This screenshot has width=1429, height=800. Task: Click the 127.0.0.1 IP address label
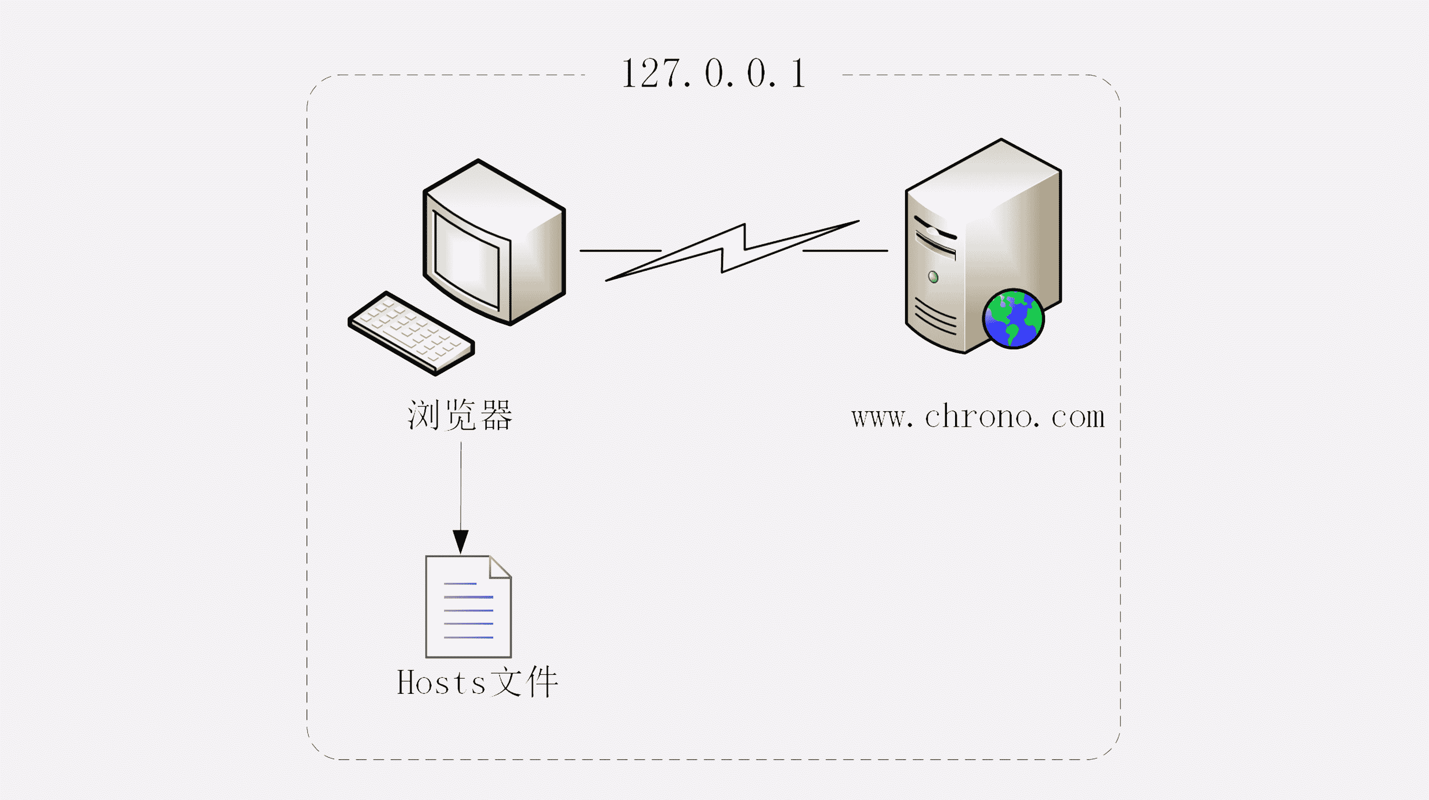[714, 74]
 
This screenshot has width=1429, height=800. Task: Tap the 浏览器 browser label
[460, 415]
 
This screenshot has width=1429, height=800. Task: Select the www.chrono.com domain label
[978, 417]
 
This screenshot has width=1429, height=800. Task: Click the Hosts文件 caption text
[477, 682]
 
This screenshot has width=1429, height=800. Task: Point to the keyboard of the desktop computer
[412, 333]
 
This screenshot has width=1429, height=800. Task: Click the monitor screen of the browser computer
[466, 259]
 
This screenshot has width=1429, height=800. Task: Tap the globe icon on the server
[1014, 319]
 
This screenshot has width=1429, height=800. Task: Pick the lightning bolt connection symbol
[732, 251]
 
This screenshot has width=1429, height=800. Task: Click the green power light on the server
[933, 277]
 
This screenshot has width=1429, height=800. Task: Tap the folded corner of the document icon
[500, 567]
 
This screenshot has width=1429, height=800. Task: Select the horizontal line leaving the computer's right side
[620, 251]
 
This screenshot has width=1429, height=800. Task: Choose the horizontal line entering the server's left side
[845, 251]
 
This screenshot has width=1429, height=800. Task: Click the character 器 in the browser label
[496, 415]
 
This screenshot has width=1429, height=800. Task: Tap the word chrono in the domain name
[979, 417]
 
